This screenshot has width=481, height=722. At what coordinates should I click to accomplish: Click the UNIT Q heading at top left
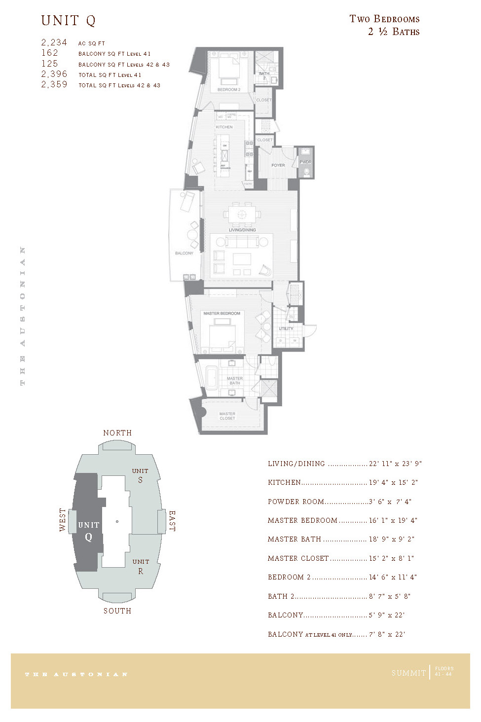tap(68, 21)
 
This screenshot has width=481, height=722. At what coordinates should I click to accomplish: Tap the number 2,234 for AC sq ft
tap(54, 43)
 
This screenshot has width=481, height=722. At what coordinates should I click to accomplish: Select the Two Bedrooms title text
tap(384, 19)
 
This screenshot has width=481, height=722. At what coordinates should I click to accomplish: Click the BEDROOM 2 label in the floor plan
tap(229, 90)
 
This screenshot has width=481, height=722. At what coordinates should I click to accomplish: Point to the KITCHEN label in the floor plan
tap(224, 127)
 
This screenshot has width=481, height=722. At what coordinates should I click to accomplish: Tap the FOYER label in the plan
tap(278, 165)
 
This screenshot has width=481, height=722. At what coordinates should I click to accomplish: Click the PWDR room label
tap(305, 162)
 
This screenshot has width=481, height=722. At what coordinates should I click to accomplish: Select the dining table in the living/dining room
tap(242, 215)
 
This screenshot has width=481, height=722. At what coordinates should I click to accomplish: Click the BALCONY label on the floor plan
tap(184, 253)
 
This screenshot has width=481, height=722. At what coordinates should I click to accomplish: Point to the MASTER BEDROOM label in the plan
tap(222, 313)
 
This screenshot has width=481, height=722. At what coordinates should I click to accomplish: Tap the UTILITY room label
tap(286, 328)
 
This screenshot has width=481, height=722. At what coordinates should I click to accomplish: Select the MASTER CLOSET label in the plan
tap(227, 416)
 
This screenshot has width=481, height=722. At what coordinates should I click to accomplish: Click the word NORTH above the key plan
tap(117, 433)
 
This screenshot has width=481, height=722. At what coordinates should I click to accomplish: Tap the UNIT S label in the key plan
tap(140, 475)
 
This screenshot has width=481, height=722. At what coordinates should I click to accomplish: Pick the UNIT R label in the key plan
tap(141, 566)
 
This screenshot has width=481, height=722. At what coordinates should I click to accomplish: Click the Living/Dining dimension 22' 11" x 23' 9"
tap(395, 464)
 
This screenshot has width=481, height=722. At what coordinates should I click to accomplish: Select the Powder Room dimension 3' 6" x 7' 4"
tap(390, 502)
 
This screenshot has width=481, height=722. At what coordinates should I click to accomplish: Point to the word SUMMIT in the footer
tap(408, 673)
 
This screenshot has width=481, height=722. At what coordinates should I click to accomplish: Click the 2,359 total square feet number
tap(54, 85)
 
